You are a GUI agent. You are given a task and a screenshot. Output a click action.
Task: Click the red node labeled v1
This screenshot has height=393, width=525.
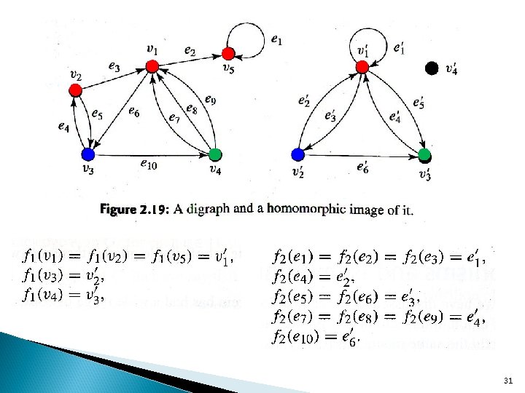[x=152, y=66]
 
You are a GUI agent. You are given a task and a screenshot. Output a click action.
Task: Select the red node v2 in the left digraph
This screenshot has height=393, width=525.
[x=74, y=90]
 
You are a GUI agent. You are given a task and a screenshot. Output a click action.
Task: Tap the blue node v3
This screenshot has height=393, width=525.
[x=88, y=154]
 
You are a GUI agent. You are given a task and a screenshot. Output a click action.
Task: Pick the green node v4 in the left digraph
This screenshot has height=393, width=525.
[x=214, y=154]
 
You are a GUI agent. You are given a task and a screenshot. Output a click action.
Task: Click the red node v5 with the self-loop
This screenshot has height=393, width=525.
[x=228, y=53]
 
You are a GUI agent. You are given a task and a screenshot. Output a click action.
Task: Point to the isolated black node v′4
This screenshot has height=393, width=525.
[x=432, y=68]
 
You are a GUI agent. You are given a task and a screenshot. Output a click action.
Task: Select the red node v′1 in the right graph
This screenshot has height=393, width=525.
[x=362, y=67]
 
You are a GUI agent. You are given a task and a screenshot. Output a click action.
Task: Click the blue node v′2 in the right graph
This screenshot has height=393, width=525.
[x=297, y=154]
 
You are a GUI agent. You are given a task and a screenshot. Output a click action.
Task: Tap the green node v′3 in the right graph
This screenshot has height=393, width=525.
[x=424, y=154]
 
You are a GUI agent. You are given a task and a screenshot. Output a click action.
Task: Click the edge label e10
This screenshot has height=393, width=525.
[x=148, y=163]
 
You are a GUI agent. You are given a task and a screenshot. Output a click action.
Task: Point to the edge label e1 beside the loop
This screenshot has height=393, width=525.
[x=277, y=39]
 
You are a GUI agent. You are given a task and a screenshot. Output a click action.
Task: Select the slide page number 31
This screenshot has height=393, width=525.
[x=507, y=381]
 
